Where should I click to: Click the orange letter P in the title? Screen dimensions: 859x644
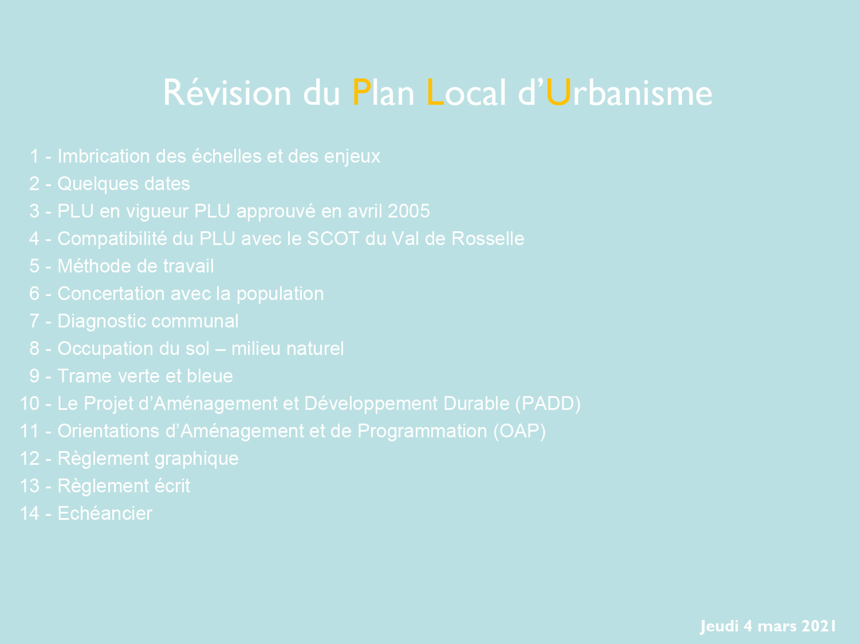[x=361, y=92]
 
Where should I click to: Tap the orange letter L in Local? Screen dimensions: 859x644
[x=435, y=92]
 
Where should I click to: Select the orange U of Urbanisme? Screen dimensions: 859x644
[x=558, y=93]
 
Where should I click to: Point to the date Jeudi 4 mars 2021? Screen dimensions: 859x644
[x=768, y=626]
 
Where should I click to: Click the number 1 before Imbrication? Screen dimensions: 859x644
[x=34, y=156]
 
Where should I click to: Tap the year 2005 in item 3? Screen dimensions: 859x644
[x=408, y=211]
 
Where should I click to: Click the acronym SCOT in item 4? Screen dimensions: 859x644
[x=333, y=239]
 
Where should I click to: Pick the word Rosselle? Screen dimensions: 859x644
[x=487, y=239]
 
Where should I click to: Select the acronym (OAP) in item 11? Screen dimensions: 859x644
[x=520, y=431]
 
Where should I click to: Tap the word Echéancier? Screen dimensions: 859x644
[x=105, y=513]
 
